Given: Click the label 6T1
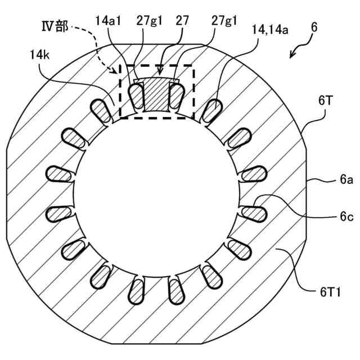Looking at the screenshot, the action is tap(328, 291).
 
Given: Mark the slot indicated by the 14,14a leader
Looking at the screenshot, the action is tap(211, 109).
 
